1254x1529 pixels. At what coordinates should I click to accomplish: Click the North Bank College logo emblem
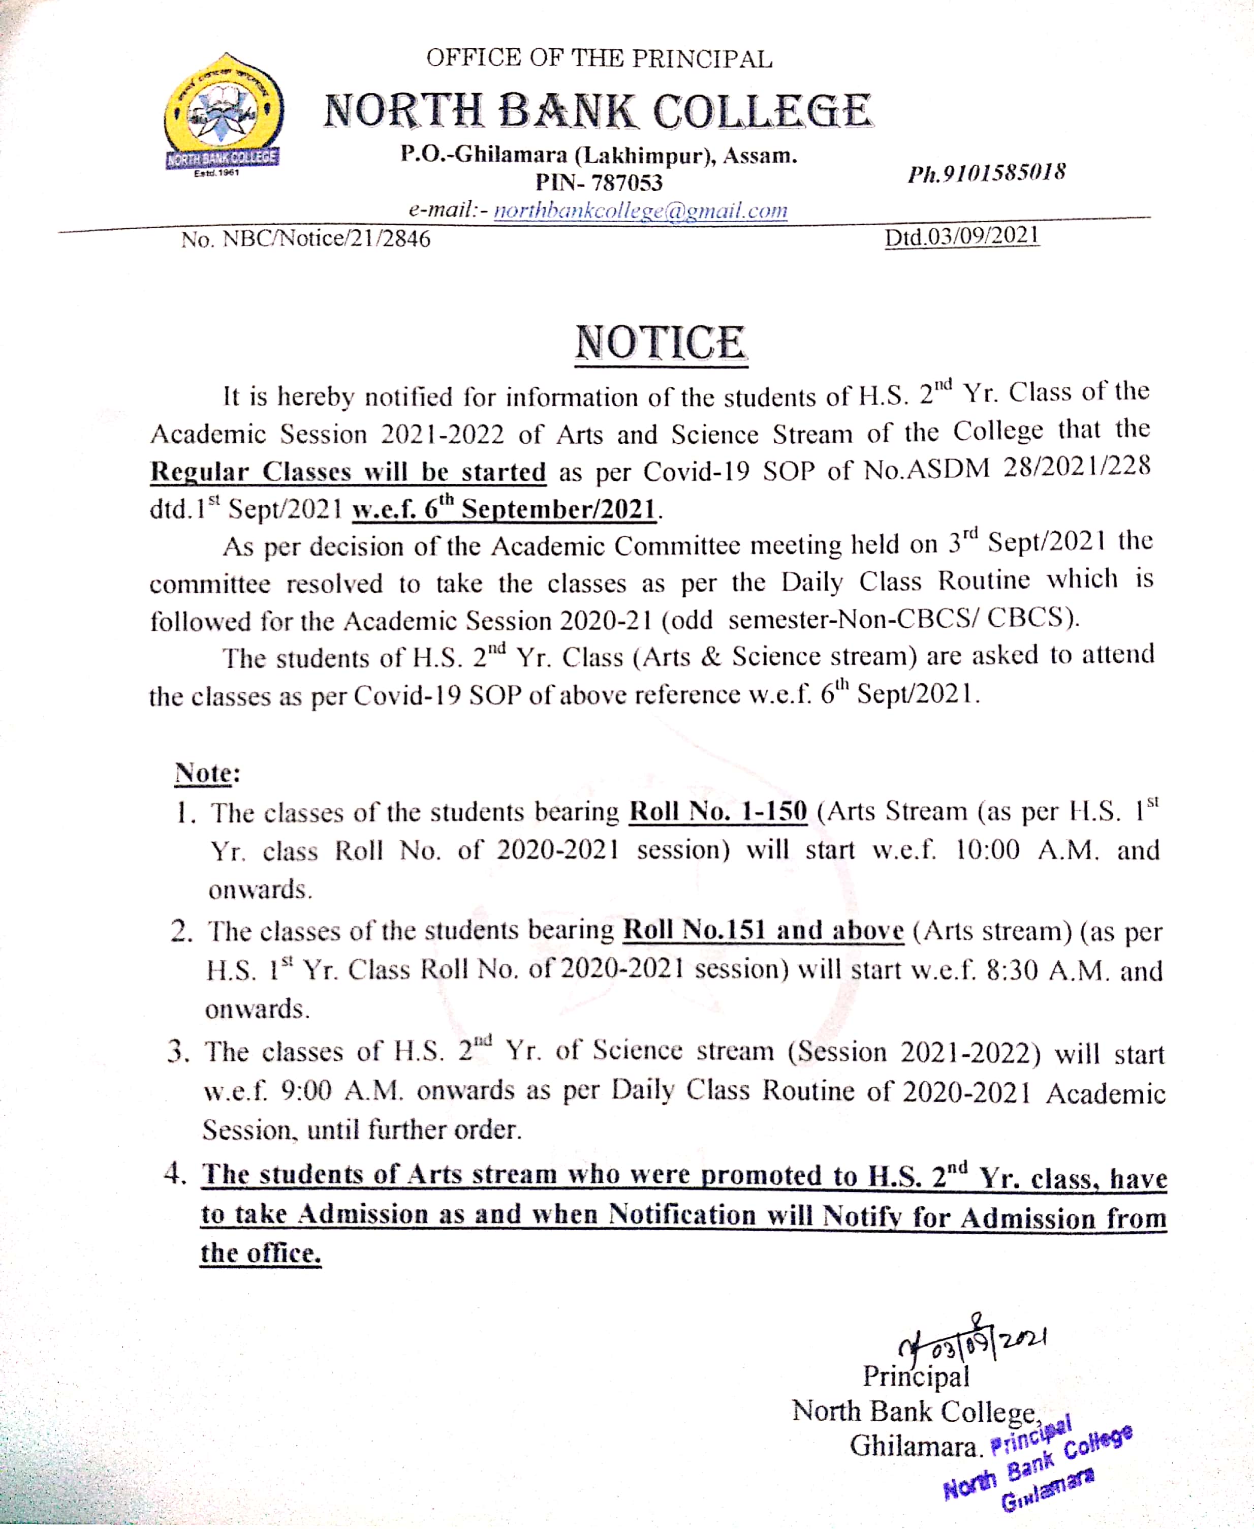click(223, 115)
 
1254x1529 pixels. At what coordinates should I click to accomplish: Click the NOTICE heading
click(660, 343)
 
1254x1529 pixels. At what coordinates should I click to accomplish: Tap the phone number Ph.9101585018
click(987, 173)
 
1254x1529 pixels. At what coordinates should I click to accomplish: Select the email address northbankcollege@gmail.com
click(640, 210)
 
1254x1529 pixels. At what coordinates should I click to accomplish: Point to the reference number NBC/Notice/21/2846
click(326, 238)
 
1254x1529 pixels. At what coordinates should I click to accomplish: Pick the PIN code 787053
click(626, 183)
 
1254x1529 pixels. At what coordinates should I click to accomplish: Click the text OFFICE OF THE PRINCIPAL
click(599, 58)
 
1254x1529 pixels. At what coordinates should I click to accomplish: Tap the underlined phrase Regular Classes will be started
click(348, 471)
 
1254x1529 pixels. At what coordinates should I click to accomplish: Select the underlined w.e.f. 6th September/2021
click(504, 509)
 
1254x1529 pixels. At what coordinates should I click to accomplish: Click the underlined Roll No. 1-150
click(718, 811)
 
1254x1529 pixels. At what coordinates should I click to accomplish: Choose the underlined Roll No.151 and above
click(763, 930)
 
